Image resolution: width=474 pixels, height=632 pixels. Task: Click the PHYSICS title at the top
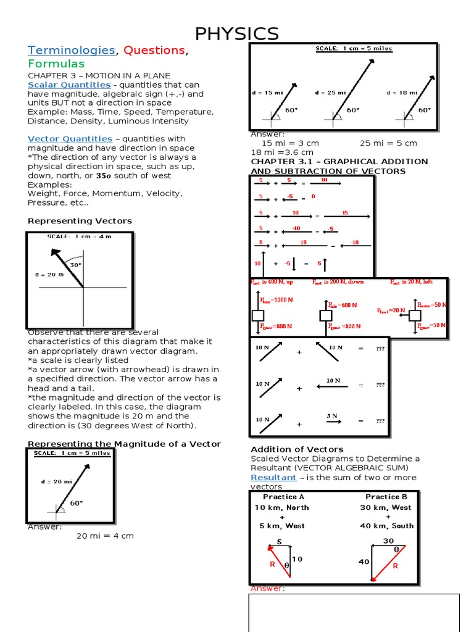pos(237,34)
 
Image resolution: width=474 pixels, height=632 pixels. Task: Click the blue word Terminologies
pos(72,50)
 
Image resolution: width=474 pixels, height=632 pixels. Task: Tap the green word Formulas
pos(56,64)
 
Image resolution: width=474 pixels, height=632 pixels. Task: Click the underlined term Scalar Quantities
pos(69,85)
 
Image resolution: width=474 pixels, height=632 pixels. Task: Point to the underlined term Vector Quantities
pos(70,139)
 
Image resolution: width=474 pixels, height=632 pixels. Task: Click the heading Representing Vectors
pos(80,221)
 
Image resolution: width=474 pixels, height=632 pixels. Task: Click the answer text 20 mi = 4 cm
pos(105,536)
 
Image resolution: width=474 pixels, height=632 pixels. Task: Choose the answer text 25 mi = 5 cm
pos(388,143)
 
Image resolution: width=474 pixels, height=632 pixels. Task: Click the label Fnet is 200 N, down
pos(338,281)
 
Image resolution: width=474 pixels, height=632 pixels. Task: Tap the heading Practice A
pos(283,497)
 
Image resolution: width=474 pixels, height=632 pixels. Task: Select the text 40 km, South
pos(387,526)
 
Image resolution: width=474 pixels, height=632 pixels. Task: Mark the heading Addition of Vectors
pos(297,449)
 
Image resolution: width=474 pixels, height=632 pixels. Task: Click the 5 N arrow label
pos(332,416)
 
